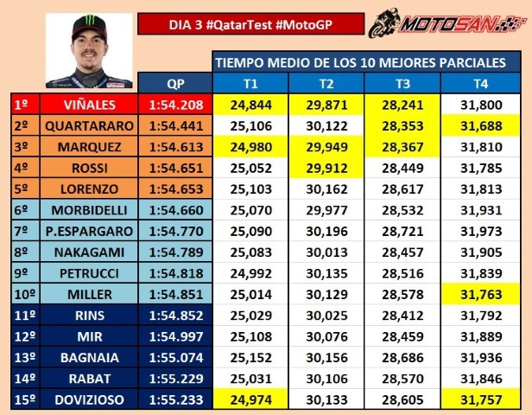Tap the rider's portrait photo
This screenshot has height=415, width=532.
point(89,51)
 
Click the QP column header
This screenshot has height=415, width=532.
point(176,83)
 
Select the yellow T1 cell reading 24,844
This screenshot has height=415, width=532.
point(250,105)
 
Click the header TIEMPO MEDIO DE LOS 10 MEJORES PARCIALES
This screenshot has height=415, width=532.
point(366,62)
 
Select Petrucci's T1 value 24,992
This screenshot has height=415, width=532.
point(250,273)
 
